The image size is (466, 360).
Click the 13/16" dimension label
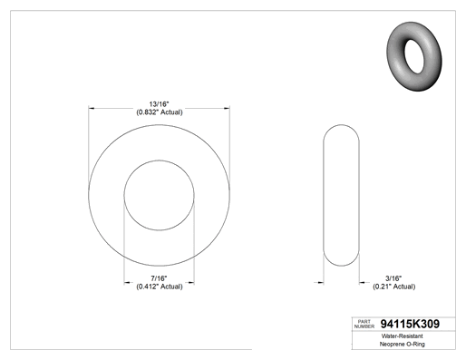159,104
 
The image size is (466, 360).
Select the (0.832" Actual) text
160,112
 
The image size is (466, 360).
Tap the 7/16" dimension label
159,278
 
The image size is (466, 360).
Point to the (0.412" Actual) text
160,287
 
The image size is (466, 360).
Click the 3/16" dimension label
393,278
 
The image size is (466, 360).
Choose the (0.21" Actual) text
393,287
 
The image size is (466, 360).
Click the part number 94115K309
410,324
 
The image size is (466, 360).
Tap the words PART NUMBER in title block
364,324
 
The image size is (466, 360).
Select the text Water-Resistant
403,336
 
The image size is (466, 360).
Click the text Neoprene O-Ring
403,344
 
